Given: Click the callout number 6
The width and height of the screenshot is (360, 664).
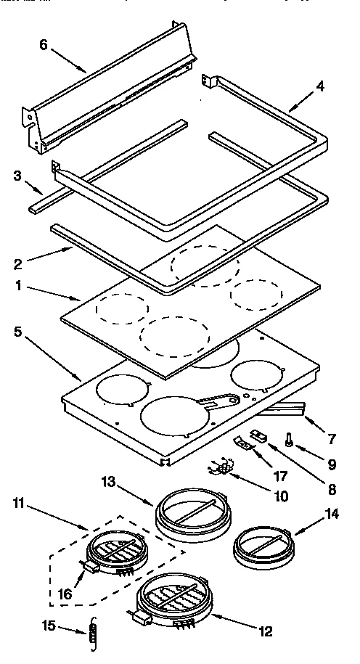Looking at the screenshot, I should point(44,44).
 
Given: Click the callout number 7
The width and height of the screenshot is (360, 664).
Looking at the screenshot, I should point(332,439).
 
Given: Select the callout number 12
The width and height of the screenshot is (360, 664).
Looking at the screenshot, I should point(266,631).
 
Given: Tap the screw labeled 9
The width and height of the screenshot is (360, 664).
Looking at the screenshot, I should point(289,440).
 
